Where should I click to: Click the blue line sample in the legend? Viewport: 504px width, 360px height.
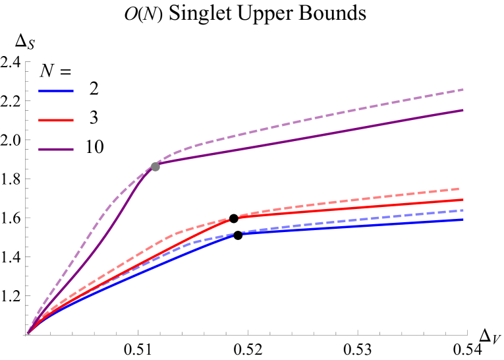(56, 90)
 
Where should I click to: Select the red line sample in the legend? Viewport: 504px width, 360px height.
(56, 120)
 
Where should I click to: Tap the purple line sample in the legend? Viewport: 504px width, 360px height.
(56, 150)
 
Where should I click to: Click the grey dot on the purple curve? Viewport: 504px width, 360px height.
(155, 167)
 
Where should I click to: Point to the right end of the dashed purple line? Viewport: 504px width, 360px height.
(463, 89)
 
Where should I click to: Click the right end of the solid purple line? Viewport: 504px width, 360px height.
(463, 110)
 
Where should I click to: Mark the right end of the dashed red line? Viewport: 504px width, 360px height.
(459, 189)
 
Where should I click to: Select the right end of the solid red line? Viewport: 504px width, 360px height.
(463, 199)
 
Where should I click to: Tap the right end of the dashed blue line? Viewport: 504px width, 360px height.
(463, 210)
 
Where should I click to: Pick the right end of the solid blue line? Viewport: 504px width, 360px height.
(463, 220)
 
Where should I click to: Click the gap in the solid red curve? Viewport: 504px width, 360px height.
(235, 218)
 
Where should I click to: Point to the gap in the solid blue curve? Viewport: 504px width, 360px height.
(238, 234)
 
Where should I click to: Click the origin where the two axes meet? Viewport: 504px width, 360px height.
(27, 334)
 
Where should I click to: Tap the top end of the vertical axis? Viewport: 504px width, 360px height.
(27, 62)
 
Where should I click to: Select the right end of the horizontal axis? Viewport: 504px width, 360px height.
(467, 334)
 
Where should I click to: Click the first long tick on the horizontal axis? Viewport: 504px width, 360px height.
(138, 332)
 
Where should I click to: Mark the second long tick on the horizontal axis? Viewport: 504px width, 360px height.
(248, 332)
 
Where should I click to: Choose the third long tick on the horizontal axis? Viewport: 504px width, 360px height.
(358, 332)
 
